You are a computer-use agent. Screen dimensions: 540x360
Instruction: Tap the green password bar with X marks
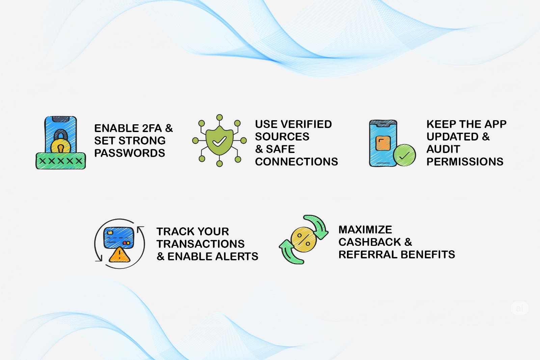61,161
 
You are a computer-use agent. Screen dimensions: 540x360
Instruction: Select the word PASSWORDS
130,153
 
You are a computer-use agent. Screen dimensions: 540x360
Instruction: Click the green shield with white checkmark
219,140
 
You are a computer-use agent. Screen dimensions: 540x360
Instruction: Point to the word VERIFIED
306,124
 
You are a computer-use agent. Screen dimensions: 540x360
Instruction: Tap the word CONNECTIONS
297,162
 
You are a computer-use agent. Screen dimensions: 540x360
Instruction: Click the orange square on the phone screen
383,143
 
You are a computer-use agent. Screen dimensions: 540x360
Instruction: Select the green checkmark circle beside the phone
404,155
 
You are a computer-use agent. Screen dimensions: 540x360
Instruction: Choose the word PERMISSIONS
465,162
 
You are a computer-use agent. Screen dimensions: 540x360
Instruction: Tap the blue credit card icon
118,238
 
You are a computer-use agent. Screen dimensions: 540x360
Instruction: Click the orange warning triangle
119,255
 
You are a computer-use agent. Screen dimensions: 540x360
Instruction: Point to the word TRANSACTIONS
200,244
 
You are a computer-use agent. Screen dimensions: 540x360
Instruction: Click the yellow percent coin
303,239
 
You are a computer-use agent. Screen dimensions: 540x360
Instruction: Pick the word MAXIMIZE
365,229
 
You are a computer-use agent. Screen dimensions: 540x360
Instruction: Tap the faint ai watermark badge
519,308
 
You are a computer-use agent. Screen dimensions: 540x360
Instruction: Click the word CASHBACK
370,242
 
